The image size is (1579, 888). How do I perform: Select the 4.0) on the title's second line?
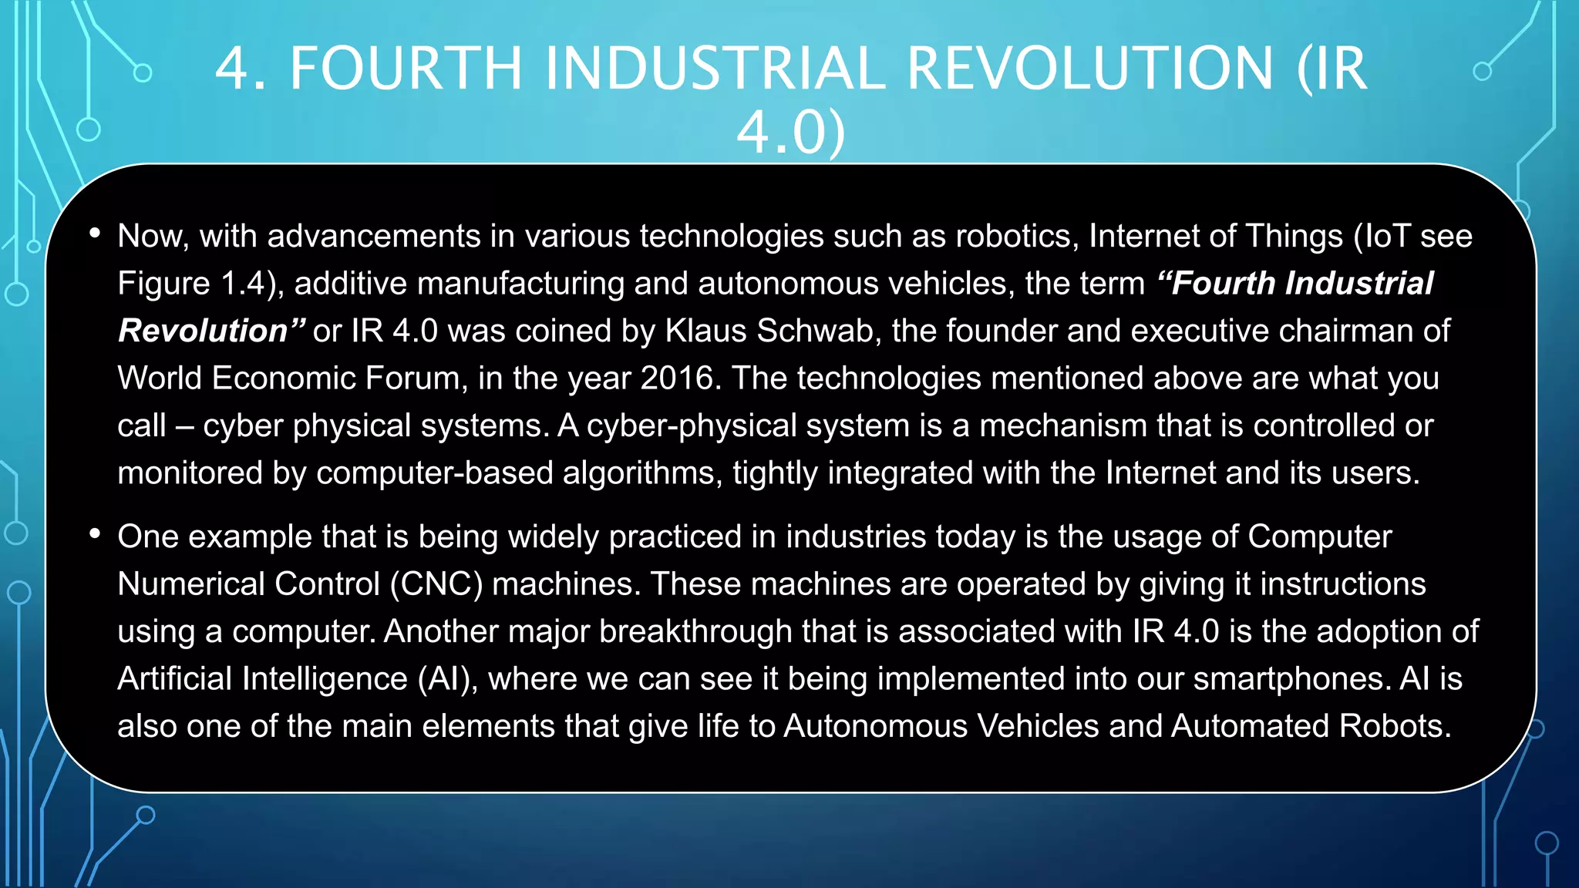pyautogui.click(x=791, y=133)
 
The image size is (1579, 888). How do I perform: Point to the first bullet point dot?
pyautogui.click(x=95, y=233)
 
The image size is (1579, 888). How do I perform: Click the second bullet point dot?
pyautogui.click(x=95, y=533)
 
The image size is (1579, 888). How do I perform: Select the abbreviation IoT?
pyautogui.click(x=1387, y=236)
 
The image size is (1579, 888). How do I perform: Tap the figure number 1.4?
pyautogui.click(x=243, y=284)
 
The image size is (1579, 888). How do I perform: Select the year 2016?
pyautogui.click(x=678, y=378)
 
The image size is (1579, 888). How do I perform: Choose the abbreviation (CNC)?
pyautogui.click(x=436, y=584)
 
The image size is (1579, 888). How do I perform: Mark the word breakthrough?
pyautogui.click(x=695, y=631)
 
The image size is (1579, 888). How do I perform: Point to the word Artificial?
pyautogui.click(x=175, y=679)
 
